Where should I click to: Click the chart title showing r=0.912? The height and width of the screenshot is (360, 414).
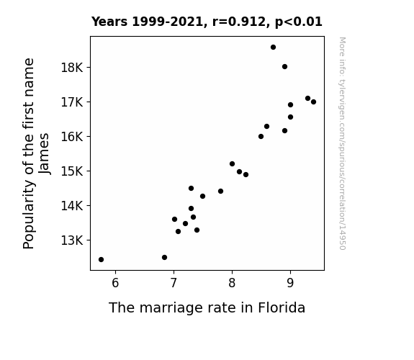(x=207, y=22)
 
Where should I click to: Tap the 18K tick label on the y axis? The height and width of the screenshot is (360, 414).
(x=72, y=68)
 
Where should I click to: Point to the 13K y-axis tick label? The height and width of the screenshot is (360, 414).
(x=72, y=240)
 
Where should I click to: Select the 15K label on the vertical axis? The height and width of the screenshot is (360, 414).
(x=72, y=171)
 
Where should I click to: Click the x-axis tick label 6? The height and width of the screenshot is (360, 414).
(x=115, y=283)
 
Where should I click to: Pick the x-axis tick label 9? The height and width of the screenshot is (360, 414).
(x=290, y=283)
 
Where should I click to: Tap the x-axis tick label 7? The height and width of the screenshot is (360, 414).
(x=174, y=283)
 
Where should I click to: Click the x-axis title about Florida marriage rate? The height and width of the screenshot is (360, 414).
(x=207, y=307)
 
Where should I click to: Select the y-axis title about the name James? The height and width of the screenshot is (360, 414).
(x=36, y=153)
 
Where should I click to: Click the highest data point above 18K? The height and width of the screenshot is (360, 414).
(x=274, y=48)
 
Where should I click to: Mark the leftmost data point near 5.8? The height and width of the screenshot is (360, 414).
(x=101, y=260)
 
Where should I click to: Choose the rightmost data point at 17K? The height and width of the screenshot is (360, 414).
(x=313, y=102)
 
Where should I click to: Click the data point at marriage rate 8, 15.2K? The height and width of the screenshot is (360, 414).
(x=232, y=164)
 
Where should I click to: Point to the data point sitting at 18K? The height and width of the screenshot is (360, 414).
(x=284, y=67)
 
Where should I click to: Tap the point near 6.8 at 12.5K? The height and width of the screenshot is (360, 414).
(x=164, y=258)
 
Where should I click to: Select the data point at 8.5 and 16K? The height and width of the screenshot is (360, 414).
(x=261, y=137)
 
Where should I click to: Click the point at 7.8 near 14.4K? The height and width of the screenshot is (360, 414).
(x=221, y=192)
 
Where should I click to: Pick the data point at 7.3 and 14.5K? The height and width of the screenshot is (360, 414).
(x=191, y=189)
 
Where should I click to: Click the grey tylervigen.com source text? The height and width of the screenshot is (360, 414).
(x=343, y=143)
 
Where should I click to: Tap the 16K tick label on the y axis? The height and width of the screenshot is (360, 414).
(x=72, y=137)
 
